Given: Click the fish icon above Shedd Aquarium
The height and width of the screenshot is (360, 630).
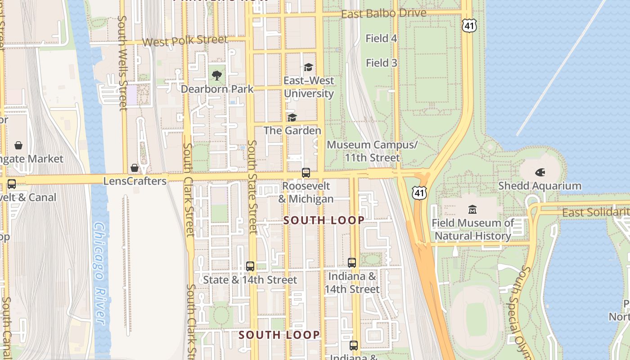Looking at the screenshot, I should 540,172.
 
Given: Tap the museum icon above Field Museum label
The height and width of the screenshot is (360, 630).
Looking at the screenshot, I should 472,209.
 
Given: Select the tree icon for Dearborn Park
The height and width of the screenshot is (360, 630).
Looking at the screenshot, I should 217,75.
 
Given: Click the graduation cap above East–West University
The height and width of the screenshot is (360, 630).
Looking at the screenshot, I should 308,67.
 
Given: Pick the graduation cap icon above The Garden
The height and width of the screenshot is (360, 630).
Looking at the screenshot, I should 292,117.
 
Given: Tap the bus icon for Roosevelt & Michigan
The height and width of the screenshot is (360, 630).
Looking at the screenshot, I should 306,172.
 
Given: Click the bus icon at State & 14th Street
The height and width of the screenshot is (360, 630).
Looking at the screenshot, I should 250,266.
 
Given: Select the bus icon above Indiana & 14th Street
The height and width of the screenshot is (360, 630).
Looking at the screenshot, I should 352,262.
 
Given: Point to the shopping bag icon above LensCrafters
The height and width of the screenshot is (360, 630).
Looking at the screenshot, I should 135,168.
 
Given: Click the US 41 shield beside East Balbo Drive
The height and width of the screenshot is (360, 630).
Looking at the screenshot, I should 469,26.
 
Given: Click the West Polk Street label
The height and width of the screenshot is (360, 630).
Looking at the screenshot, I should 185,41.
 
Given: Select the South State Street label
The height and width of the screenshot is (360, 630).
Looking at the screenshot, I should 252,187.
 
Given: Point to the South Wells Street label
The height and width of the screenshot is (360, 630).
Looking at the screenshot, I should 122,63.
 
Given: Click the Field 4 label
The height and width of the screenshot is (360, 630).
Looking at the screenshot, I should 381,39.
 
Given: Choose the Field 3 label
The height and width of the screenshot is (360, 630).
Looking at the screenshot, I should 381,63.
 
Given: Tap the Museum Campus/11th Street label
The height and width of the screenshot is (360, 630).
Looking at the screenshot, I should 372,151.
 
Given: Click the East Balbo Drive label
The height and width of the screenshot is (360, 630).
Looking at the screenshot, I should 383,14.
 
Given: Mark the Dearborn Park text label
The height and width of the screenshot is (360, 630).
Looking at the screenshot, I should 217,89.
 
